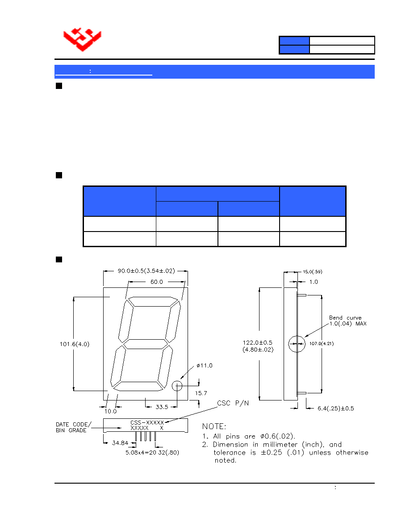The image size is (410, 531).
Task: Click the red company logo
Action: [82, 39]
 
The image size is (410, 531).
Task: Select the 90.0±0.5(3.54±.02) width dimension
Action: [146, 271]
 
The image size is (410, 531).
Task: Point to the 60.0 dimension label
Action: [157, 282]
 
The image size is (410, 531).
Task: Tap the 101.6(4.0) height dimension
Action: [75, 344]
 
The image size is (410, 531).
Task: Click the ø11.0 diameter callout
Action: [204, 366]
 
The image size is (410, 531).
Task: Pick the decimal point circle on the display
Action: [177, 386]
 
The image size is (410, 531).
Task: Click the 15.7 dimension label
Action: [201, 393]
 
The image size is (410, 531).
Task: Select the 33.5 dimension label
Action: [162, 407]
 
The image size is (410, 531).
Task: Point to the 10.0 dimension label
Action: [110, 411]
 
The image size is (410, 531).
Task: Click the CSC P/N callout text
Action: [233, 403]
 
